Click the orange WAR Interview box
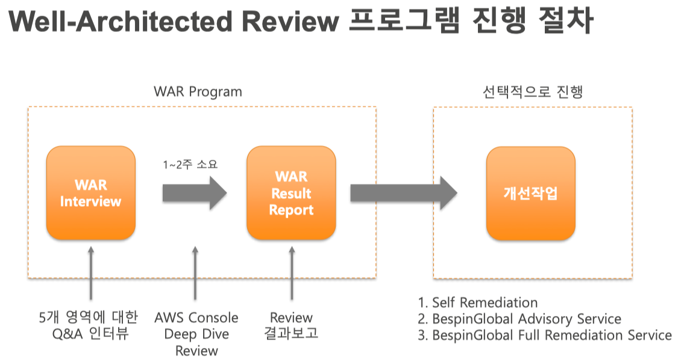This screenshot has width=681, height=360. click(90, 193)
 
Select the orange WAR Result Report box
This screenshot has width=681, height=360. click(291, 193)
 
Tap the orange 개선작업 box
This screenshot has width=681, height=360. click(530, 193)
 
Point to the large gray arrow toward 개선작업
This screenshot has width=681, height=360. click(404, 193)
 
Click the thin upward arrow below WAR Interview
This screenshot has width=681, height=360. click(91, 271)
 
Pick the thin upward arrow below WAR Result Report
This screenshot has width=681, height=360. click(291, 271)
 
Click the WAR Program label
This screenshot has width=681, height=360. click(198, 92)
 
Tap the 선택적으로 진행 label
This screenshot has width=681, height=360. click(532, 92)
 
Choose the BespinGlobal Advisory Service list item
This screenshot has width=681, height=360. click(519, 318)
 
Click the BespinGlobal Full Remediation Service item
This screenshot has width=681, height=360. click(544, 335)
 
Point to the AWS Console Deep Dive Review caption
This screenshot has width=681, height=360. click(196, 333)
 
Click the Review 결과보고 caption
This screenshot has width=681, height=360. click(291, 325)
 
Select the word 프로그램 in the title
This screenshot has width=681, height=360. click(403, 22)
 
